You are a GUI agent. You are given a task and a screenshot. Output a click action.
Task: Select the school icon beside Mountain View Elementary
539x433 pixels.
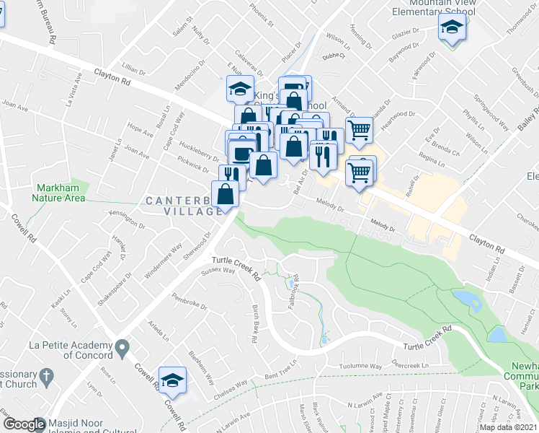tap(452, 28)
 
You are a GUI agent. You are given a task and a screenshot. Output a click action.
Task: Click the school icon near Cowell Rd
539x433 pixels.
tap(172, 380)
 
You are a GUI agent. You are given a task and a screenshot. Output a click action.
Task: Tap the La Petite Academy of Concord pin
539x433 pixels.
tap(122, 349)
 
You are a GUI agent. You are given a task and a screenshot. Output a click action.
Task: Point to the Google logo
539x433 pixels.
tap(24, 425)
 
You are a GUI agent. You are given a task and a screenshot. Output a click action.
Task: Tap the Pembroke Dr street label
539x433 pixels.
tap(189, 302)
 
